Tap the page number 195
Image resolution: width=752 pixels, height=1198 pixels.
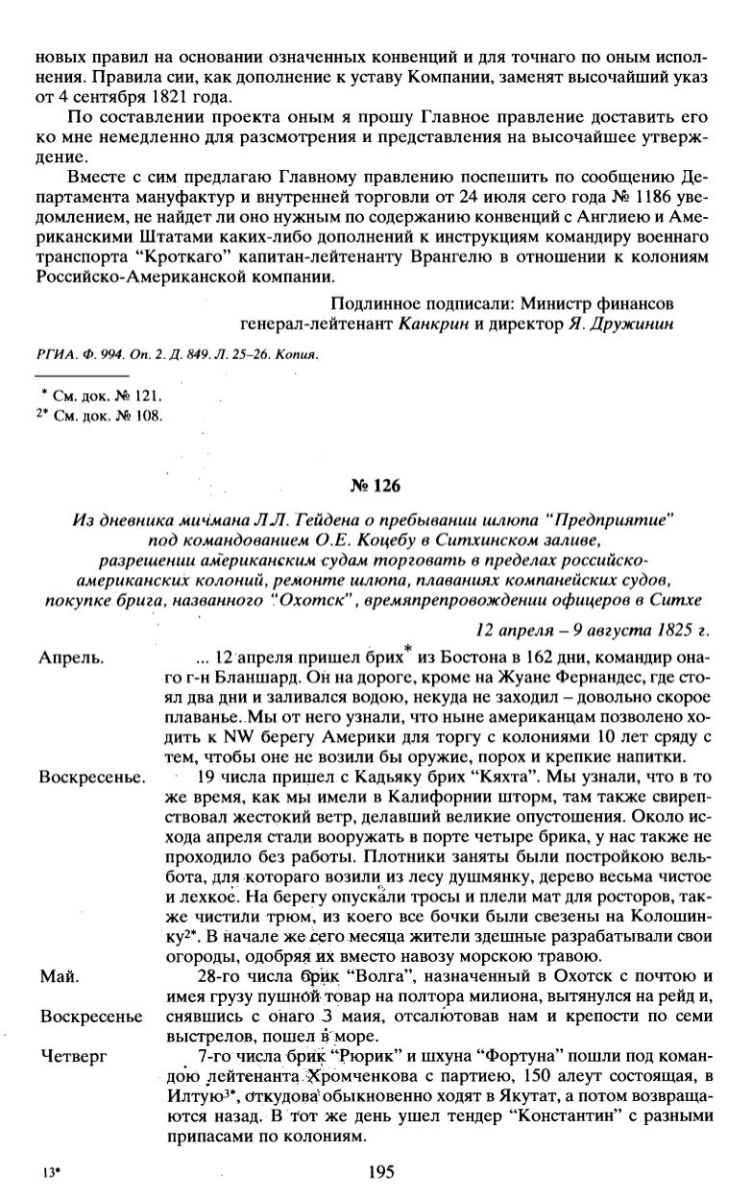pos(382,1171)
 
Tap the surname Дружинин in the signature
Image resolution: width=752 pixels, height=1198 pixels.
pos(628,323)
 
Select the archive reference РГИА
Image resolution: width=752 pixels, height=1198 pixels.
pos(56,352)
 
